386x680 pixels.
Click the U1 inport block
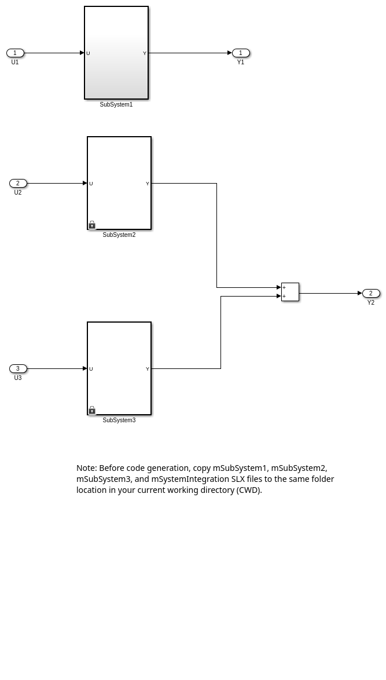pos(15,53)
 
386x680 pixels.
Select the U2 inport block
pos(18,184)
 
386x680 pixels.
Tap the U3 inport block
pos(18,368)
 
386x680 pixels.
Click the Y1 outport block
pos(241,53)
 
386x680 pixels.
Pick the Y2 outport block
pos(372,294)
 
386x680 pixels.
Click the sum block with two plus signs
pos(291,292)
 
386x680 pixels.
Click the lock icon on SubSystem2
pos(92,225)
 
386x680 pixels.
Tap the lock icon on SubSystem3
pos(92,410)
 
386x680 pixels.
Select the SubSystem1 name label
pos(116,104)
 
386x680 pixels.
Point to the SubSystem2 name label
pos(119,235)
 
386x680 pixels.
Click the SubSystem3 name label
pos(119,420)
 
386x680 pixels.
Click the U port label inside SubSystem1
pos(89,53)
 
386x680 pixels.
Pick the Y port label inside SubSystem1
pos(145,53)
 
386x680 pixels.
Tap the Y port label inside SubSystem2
pos(148,184)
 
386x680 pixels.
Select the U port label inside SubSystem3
pos(91,369)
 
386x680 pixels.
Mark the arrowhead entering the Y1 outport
pos(230,53)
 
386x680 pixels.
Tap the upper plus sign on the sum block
pos(284,287)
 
